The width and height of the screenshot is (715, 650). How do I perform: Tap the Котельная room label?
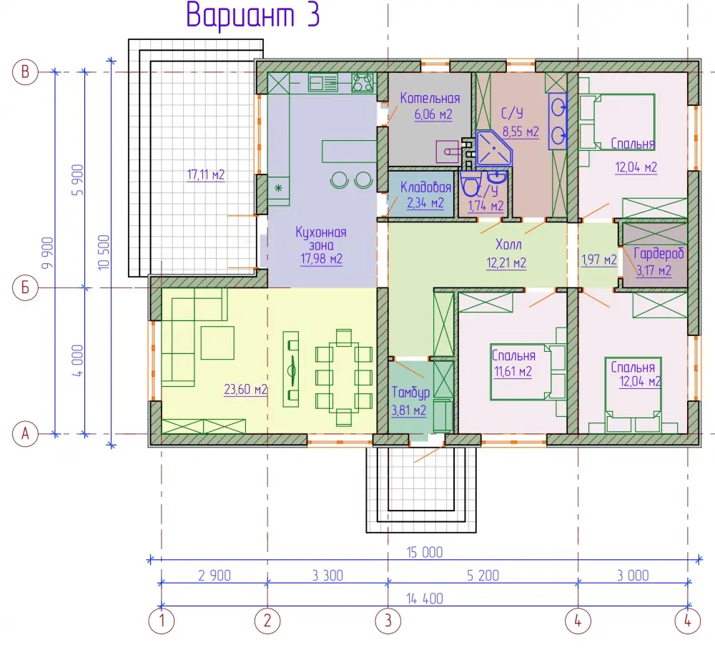point(430,98)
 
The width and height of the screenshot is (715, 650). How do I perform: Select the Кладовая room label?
point(425,187)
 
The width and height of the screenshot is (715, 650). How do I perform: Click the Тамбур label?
point(410,393)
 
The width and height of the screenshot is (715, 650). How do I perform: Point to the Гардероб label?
point(659,254)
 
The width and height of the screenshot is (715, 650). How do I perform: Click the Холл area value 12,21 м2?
point(506,262)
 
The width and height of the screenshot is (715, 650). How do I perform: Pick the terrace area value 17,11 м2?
point(206,174)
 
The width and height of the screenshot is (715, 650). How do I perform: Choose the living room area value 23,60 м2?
point(245,390)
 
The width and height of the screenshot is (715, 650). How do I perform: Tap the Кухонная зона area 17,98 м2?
point(321,259)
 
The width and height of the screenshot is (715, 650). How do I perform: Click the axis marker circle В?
point(25,72)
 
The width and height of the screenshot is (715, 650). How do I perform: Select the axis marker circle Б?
point(25,288)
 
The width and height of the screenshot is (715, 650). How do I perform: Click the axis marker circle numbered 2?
point(267,621)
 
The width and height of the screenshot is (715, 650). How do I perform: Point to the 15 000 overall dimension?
point(425,552)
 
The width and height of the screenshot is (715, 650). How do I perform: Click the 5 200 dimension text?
point(483,576)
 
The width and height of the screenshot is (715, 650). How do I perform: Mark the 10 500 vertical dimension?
point(104,252)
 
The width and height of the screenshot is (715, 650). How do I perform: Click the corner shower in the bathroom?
point(493,148)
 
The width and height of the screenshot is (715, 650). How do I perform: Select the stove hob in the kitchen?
point(363,83)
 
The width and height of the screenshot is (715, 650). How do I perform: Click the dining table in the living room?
point(343,378)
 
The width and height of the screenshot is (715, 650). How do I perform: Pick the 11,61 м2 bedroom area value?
point(513,372)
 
